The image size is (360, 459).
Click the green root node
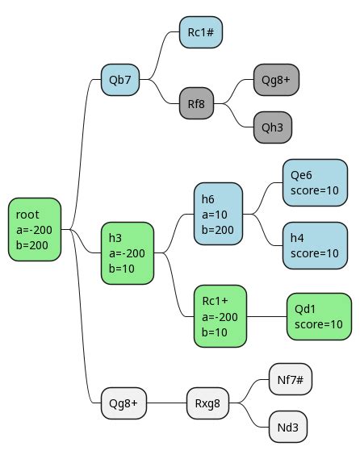coord(35,230)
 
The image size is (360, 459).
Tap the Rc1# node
coord(200,32)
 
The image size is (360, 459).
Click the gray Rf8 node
coord(196,104)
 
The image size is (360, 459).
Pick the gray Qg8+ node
coord(276,80)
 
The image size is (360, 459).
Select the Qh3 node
coord(272,127)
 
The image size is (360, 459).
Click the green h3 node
coord(127,253)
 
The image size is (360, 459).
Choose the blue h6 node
coord(218,214)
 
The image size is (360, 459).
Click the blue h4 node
coord(315,245)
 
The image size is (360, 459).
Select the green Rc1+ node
coord(220,316)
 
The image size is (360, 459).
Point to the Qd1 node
coord(319,316)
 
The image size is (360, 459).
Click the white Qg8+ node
coord(123,402)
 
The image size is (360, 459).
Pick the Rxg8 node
coord(208,402)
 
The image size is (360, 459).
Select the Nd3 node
coord(288,426)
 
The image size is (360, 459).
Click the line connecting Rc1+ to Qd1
coord(266,316)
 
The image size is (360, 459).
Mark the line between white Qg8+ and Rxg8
coord(166,402)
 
